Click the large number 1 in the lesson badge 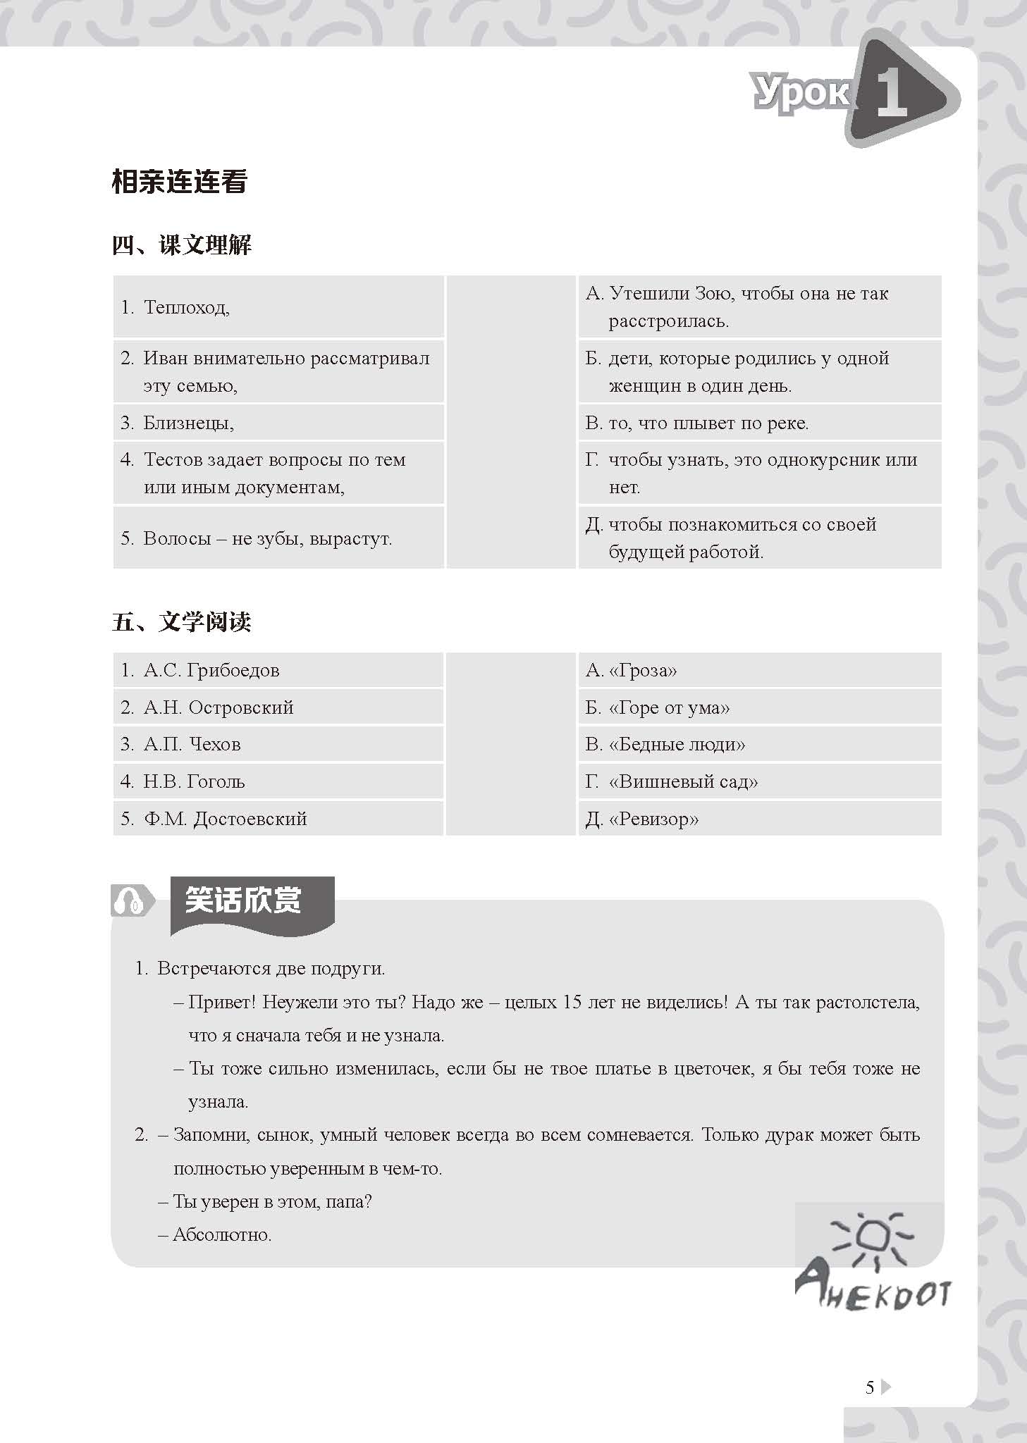892,94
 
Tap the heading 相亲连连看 180,182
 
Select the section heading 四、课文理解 182,246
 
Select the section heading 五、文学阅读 182,622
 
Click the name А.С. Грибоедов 211,670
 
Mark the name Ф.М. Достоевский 226,819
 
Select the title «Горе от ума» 669,707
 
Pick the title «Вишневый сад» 683,781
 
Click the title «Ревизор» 653,819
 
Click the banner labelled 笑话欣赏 243,901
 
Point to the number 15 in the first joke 572,1002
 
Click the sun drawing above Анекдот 873,1238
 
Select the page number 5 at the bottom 870,1388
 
